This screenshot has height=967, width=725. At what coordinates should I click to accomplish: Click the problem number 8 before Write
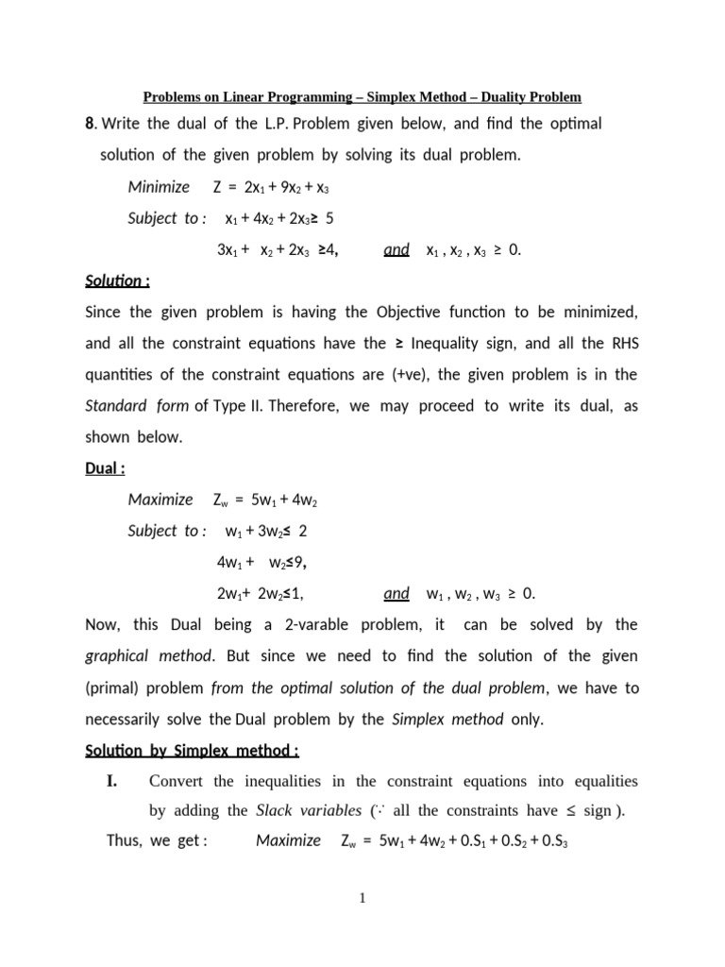tap(91, 125)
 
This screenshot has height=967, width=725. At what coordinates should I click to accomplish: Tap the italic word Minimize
tap(159, 187)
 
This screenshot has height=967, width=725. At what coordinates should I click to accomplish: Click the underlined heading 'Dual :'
tap(106, 467)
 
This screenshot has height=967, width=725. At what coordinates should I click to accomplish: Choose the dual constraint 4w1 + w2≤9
tap(261, 563)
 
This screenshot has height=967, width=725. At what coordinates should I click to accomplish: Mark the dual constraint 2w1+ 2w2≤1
tap(260, 594)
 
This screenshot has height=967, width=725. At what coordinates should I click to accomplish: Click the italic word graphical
tap(117, 655)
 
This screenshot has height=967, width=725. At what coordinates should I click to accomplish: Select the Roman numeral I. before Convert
tap(117, 781)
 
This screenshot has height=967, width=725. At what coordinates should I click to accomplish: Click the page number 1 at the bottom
tap(362, 897)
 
